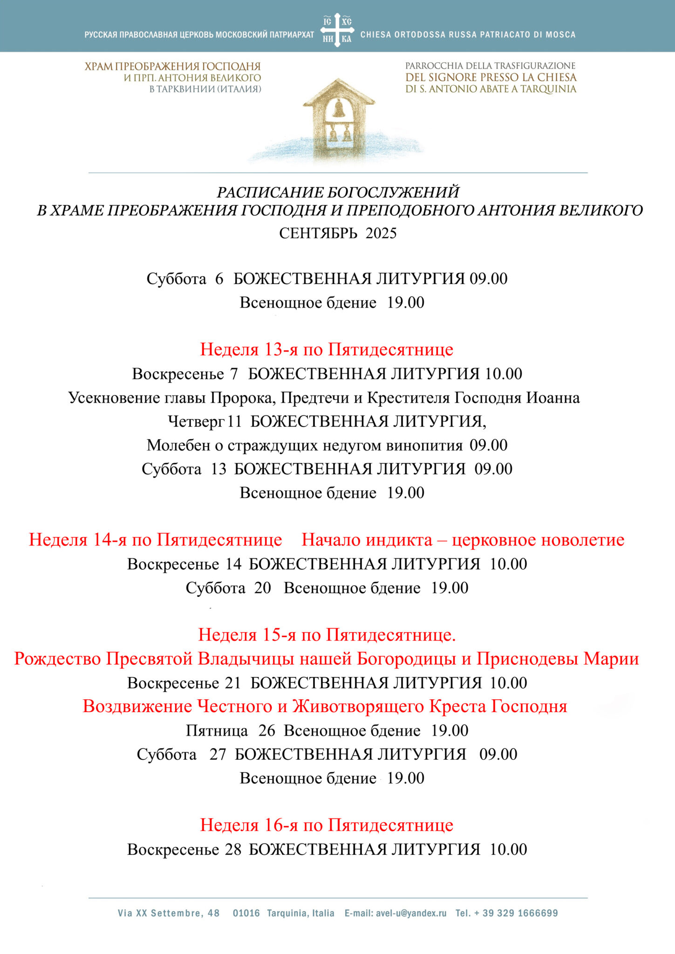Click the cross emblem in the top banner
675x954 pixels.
click(337, 30)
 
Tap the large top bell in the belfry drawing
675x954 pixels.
click(339, 108)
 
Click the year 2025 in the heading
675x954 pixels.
click(381, 233)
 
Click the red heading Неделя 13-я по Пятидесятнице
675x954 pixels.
click(327, 349)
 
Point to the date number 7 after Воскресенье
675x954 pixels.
click(234, 374)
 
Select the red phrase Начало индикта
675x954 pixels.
click(367, 540)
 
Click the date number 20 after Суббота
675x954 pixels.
click(263, 588)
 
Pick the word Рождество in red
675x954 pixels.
click(57, 659)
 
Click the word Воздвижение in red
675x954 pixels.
click(137, 706)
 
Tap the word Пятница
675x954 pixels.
click(217, 730)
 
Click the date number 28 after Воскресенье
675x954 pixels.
click(233, 849)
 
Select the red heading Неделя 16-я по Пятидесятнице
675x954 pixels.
click(327, 825)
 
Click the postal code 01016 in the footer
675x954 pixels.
click(246, 913)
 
